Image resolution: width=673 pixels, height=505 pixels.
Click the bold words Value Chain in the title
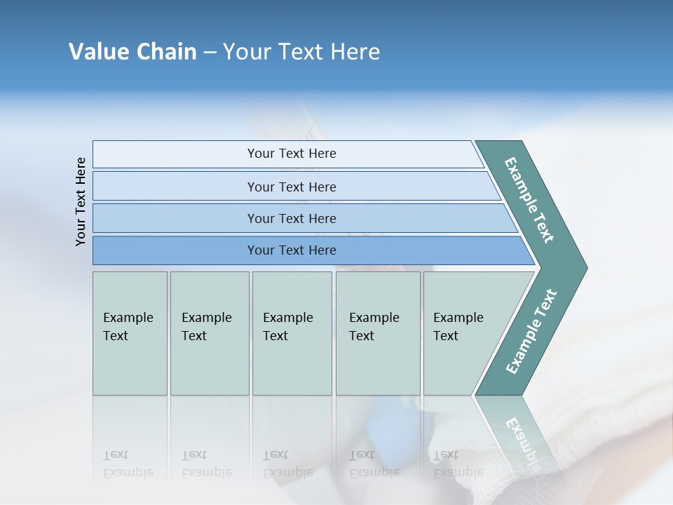tap(132, 52)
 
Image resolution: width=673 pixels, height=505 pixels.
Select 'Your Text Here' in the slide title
tap(301, 52)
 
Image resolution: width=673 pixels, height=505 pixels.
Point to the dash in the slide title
tap(210, 53)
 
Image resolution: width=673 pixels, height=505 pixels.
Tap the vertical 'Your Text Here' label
tap(81, 201)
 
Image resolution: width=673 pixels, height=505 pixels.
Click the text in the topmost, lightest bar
tap(292, 154)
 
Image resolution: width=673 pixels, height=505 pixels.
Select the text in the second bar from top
tap(292, 187)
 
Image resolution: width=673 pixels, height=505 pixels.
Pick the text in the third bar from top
tap(292, 219)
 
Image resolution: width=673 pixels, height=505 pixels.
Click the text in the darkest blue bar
tap(292, 250)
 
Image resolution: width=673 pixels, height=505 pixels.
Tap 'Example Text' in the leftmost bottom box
tap(128, 327)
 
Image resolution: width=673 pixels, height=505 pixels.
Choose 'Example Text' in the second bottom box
tap(206, 327)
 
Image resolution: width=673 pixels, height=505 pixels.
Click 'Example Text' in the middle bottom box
tap(287, 327)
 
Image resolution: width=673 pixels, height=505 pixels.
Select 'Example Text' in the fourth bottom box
tap(374, 327)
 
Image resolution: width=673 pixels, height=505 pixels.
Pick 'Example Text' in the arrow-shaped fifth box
tap(458, 327)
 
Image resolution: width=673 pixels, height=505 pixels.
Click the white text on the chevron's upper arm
tap(529, 200)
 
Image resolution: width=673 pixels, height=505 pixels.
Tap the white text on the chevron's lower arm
tap(531, 332)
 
